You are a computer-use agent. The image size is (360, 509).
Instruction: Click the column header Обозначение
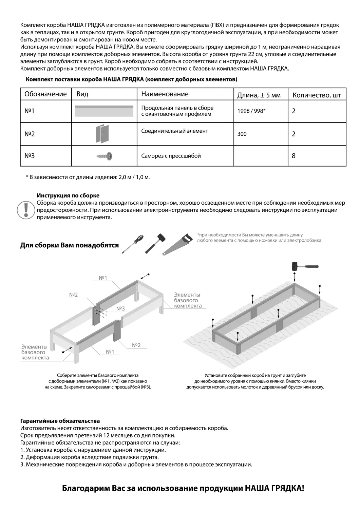(45, 94)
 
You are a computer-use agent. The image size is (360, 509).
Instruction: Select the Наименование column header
(165, 94)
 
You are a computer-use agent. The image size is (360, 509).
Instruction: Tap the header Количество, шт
(316, 95)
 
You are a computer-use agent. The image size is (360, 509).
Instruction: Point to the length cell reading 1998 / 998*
(251, 111)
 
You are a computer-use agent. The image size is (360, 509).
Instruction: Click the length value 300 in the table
(242, 134)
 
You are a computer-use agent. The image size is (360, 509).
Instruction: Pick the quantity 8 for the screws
(293, 156)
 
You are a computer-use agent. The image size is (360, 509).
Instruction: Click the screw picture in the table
(105, 156)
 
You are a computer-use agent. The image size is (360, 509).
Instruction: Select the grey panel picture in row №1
(104, 111)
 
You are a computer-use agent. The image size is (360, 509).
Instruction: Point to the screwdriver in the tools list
(133, 243)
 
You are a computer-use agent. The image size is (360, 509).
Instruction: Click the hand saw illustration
(176, 244)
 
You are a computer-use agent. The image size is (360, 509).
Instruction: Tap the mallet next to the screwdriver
(155, 243)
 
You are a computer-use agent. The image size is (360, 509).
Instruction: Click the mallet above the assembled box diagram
(304, 266)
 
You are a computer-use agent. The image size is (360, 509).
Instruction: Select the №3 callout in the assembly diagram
(120, 308)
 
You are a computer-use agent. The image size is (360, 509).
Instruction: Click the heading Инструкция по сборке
(68, 196)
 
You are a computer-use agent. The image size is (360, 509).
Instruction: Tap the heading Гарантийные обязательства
(60, 421)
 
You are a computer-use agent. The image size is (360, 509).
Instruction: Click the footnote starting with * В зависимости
(88, 177)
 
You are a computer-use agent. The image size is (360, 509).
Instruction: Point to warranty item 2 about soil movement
(90, 457)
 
